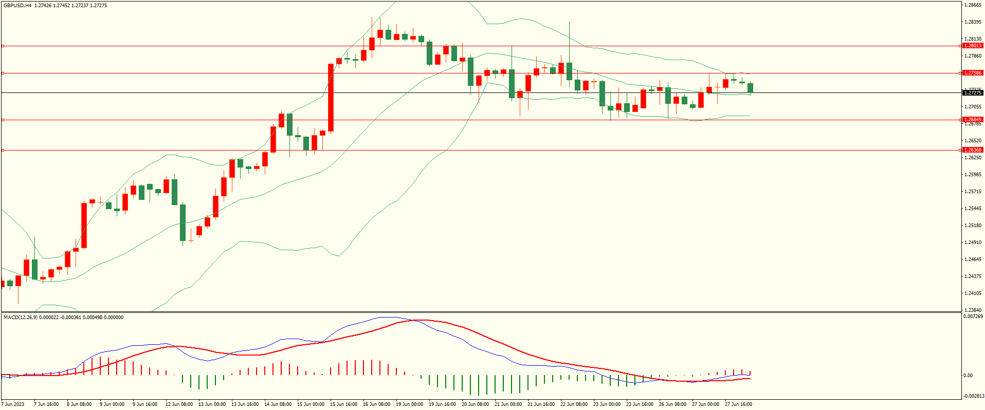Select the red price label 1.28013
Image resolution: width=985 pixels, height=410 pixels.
(973, 46)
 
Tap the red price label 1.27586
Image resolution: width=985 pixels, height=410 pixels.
(973, 73)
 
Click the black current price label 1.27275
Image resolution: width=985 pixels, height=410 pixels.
(973, 93)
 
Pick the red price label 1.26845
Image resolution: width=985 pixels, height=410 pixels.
(973, 120)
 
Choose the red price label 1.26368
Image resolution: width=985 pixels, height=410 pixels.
(973, 150)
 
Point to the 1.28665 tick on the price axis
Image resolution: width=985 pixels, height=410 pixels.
(973, 5)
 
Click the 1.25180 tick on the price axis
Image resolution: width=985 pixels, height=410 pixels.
(973, 226)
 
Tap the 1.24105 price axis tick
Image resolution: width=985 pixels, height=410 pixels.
(973, 293)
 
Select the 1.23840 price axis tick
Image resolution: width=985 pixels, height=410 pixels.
(973, 310)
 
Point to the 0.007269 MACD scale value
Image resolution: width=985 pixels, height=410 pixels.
(973, 316)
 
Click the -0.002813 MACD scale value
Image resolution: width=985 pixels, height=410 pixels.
(973, 396)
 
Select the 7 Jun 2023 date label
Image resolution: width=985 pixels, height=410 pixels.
(13, 404)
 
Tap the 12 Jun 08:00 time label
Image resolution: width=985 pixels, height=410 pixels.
(179, 404)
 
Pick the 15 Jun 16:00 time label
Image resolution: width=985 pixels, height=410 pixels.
(343, 404)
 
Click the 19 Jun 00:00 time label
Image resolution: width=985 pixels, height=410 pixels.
(409, 404)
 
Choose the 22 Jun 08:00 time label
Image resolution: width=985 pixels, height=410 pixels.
(574, 404)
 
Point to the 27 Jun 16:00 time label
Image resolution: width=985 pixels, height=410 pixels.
(738, 404)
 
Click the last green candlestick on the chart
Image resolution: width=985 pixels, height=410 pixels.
(751, 88)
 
